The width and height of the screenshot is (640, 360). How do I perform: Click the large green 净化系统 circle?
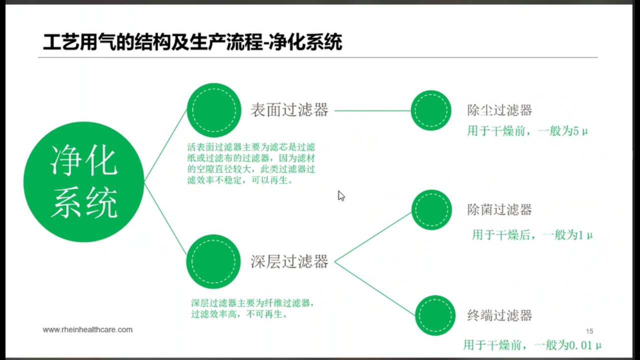pos(83,182)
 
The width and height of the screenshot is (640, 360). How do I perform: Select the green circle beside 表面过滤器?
pos(214,110)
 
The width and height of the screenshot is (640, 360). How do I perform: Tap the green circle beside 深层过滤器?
pos(213,261)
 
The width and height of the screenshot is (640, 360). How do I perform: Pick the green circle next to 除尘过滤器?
pos(431,110)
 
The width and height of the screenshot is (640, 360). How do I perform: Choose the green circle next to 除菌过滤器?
pos(431,209)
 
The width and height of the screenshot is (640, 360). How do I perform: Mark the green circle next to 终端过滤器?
pos(435,315)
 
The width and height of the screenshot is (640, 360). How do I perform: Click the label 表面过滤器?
pos(289,110)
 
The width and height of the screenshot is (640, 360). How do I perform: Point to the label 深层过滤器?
pos(289,261)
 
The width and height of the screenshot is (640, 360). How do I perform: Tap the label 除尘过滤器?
pos(499,110)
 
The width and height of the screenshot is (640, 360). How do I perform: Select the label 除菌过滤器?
pos(499,209)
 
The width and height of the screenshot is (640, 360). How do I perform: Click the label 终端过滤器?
pos(499,315)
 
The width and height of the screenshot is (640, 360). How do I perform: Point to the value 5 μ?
pos(580,131)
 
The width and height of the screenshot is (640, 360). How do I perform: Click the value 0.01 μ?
pos(585,345)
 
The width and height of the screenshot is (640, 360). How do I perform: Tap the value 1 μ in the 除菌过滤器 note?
pos(585,235)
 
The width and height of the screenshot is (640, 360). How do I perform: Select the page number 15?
pos(589,331)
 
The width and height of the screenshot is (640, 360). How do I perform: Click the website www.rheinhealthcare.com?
pos(87,329)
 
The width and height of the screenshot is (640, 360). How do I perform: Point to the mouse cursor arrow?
pos(341,196)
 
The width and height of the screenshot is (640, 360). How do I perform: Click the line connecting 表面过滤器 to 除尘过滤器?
pos(373,110)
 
